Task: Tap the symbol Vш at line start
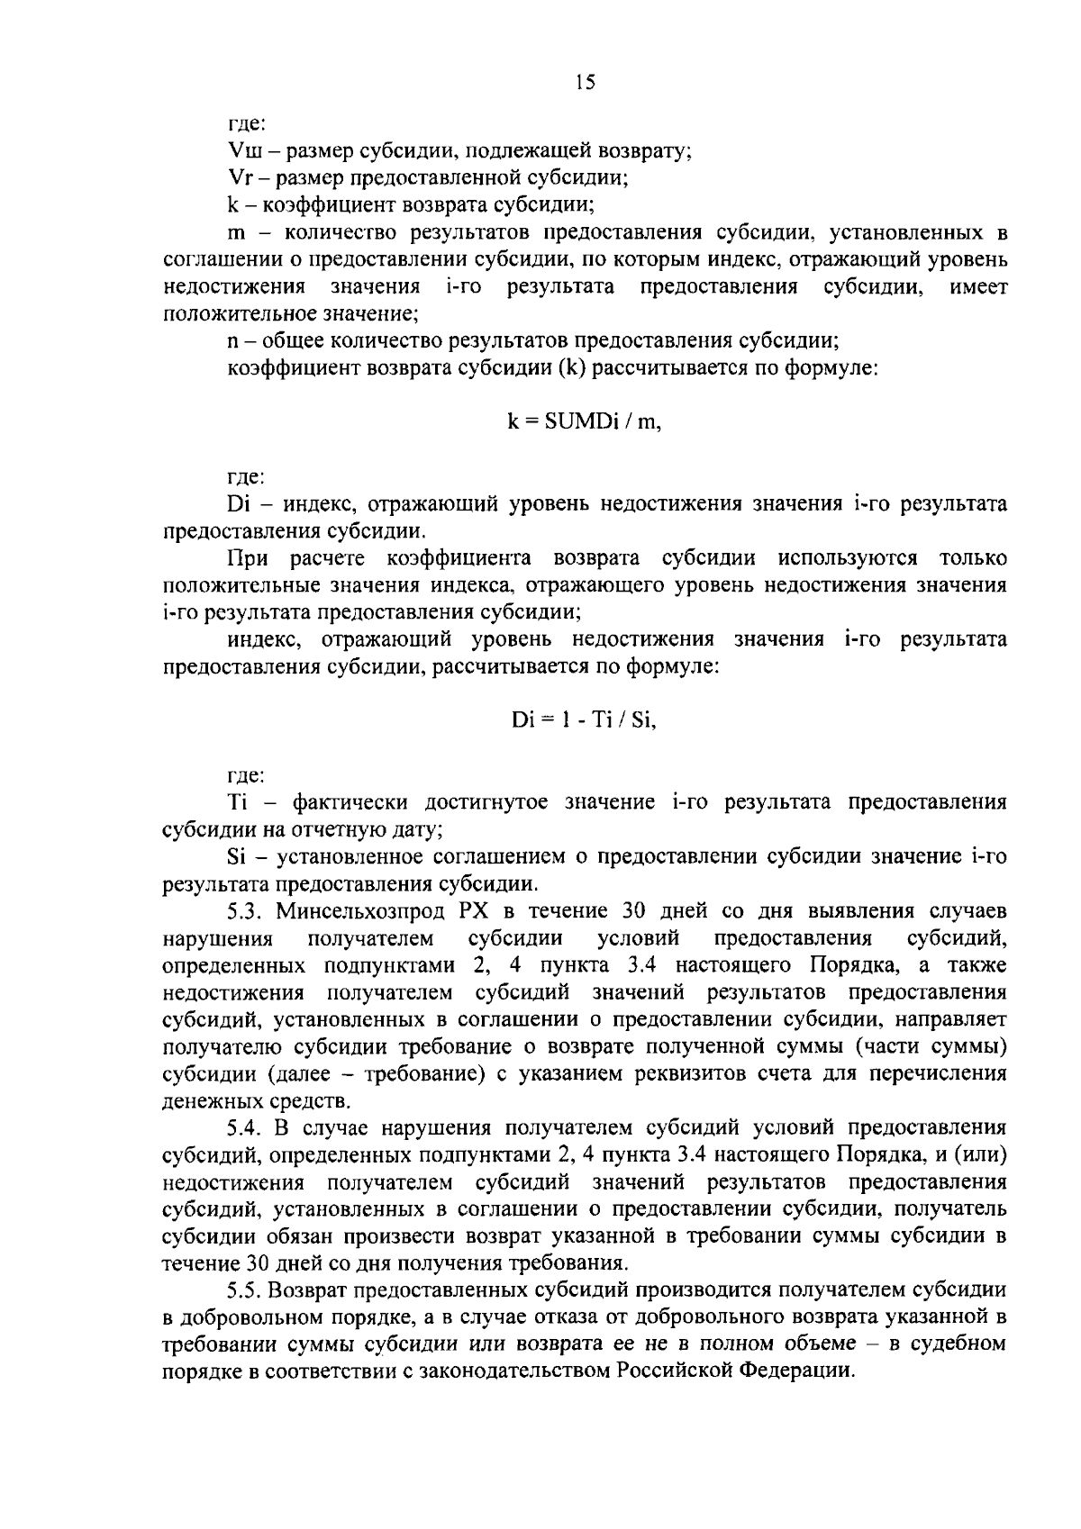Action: tap(243, 150)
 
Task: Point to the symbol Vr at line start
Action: tap(241, 177)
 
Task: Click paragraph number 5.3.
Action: tap(246, 911)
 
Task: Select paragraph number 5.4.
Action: tap(246, 1127)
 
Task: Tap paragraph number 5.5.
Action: tap(246, 1289)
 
